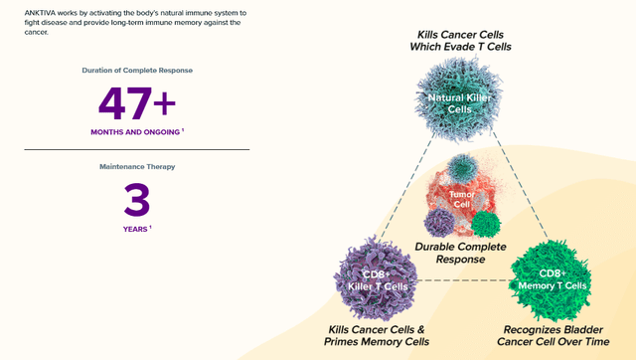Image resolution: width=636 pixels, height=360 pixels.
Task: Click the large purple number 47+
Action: pos(136,103)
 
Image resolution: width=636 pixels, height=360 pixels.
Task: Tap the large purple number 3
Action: pos(136,201)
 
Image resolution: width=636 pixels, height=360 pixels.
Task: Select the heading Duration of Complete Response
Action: pos(137,71)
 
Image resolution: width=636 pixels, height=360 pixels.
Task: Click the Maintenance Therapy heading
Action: pos(137,167)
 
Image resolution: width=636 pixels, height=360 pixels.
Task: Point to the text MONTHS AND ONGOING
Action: pos(134,132)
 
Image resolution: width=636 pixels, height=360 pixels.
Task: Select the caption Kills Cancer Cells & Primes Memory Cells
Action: pos(378,335)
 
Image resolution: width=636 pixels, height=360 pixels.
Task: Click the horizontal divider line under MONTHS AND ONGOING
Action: pos(137,150)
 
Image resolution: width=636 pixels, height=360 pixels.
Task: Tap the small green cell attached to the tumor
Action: pos(486,224)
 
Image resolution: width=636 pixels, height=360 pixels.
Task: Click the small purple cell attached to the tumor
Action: pos(440,222)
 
